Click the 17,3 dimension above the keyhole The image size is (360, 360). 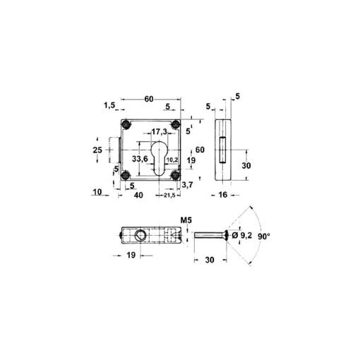160,132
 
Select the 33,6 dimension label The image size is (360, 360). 139,160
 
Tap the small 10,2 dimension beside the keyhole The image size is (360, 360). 172,160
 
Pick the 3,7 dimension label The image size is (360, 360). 188,184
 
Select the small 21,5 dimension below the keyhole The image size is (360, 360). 169,195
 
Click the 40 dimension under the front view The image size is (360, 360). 140,195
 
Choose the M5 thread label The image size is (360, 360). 187,220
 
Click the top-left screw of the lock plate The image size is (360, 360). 126,124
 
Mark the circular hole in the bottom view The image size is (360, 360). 141,235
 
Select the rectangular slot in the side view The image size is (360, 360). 222,150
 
